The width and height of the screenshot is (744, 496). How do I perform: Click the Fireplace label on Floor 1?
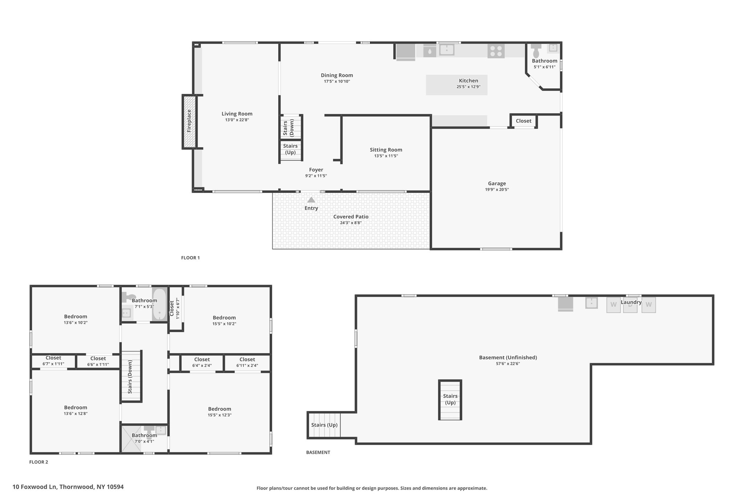(189, 121)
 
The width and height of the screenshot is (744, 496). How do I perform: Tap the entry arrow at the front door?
(311, 200)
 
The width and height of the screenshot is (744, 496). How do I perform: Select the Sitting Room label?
(386, 150)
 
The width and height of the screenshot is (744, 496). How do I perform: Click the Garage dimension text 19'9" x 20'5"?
(497, 190)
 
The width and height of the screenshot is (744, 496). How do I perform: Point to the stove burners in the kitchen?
(496, 51)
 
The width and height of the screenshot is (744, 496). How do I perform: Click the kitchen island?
(457, 85)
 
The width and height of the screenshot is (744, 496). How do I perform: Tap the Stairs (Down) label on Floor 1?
(288, 128)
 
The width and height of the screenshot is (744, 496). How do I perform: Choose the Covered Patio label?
(351, 217)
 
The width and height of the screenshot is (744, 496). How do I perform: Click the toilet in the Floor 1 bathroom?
(536, 50)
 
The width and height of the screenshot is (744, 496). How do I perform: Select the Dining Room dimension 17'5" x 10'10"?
(337, 81)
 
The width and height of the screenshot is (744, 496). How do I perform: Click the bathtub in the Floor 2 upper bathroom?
(159, 304)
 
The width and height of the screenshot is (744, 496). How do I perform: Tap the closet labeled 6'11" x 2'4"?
(247, 362)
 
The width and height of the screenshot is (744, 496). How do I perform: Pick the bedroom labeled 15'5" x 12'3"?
(220, 412)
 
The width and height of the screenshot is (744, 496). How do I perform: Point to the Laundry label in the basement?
(631, 302)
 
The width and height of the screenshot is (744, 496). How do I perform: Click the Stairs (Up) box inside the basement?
(450, 400)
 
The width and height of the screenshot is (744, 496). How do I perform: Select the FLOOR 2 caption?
(39, 462)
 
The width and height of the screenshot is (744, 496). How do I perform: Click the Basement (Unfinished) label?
(508, 358)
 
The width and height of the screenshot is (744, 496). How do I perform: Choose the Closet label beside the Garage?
(523, 121)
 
